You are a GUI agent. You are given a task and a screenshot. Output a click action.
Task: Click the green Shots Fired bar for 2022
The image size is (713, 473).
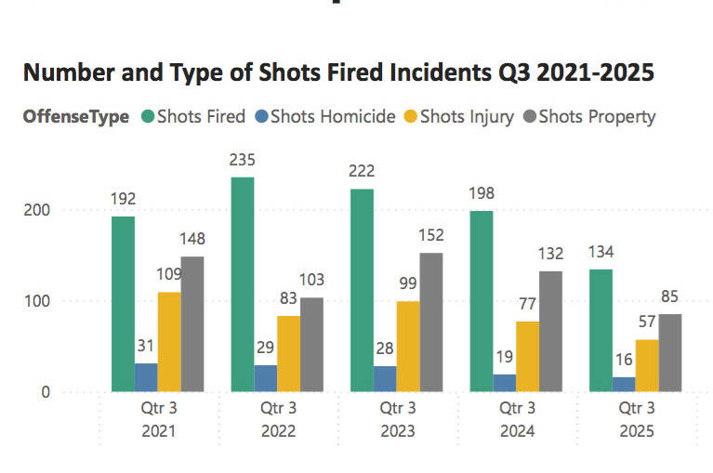tap(243, 283)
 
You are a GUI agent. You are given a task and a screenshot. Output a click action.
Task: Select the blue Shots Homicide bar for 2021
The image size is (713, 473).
tap(146, 376)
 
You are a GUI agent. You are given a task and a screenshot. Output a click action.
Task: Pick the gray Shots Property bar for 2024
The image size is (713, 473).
tap(551, 331)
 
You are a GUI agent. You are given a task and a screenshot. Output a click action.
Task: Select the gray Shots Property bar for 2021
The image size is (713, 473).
tap(192, 323)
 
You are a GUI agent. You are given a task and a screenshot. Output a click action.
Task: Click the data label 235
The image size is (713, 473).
tap(243, 160)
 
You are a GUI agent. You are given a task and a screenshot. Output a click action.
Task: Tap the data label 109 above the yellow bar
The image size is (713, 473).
tap(168, 275)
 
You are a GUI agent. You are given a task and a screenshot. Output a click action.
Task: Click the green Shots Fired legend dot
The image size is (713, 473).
tap(147, 117)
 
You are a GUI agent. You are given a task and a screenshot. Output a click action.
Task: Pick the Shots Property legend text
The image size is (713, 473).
tap(597, 117)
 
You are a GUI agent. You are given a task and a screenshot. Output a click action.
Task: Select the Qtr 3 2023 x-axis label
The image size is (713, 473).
tap(395, 419)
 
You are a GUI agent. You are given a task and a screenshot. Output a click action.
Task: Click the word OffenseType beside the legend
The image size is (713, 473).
tap(76, 117)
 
